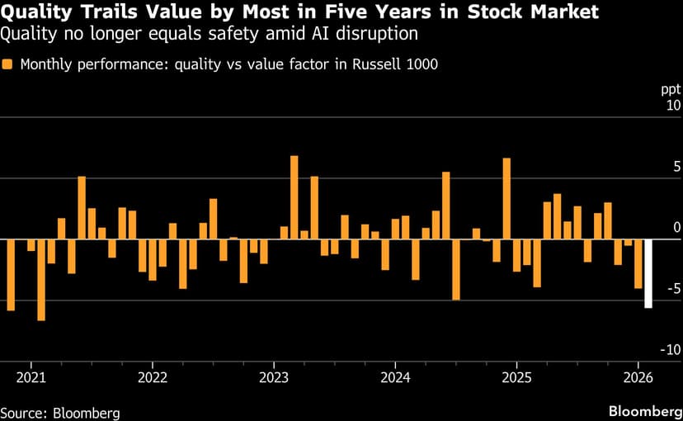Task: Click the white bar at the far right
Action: [648, 273]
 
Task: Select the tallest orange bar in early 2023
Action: [294, 197]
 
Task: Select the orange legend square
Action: [7, 65]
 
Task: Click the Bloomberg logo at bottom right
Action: [642, 410]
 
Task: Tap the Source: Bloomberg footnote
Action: [60, 411]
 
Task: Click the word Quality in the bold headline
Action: [38, 12]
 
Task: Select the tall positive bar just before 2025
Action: [506, 198]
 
